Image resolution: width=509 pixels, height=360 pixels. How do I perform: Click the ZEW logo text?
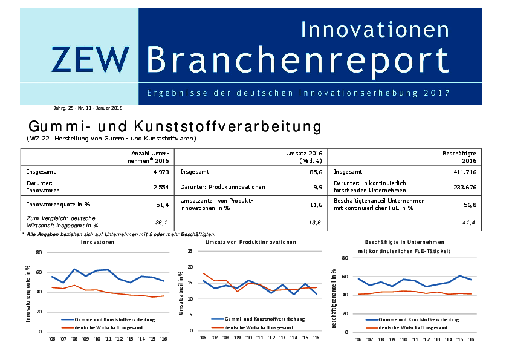point(91,59)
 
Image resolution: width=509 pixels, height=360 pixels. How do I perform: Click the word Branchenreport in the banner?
point(298,60)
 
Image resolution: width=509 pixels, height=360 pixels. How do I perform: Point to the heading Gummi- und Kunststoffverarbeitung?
point(174,128)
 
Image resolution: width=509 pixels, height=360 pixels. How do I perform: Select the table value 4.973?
point(159,172)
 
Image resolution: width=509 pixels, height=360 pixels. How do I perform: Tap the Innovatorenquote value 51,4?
point(161,205)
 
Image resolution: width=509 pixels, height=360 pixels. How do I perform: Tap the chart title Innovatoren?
point(97,242)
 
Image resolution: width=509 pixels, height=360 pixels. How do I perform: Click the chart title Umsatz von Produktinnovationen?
point(250,242)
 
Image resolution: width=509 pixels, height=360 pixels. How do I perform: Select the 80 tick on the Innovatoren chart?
point(40,252)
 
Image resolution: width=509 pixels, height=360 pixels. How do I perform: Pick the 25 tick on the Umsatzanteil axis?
point(190,251)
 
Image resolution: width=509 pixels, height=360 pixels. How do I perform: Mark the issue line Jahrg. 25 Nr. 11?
point(87,108)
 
